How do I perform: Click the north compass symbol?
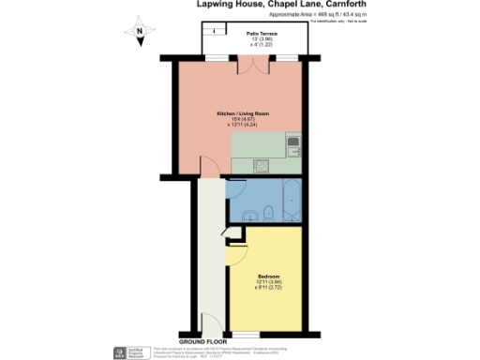140,33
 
